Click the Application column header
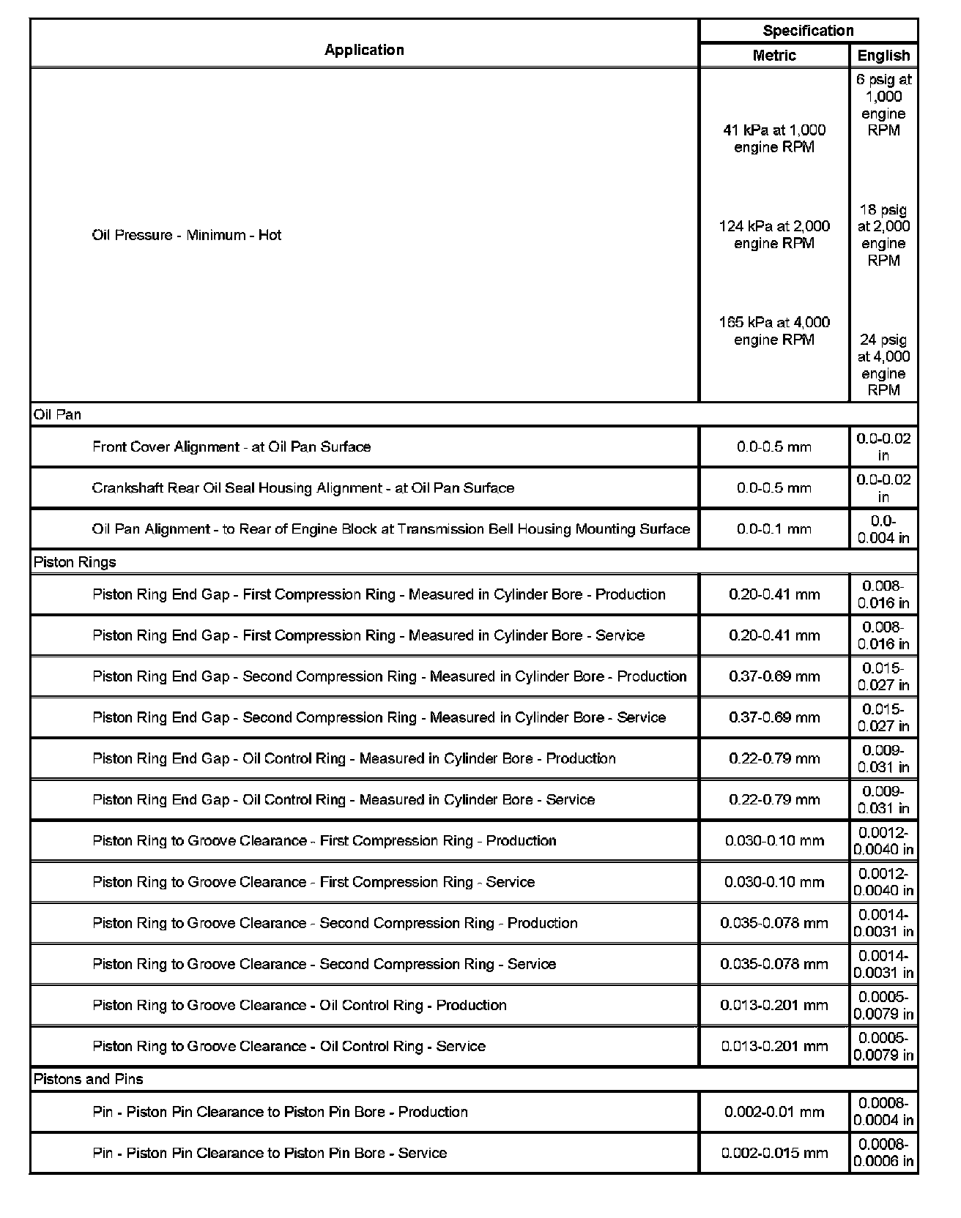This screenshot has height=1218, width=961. pyautogui.click(x=364, y=50)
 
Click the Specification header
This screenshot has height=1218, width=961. pyautogui.click(x=808, y=31)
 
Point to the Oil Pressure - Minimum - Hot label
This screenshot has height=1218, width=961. pyautogui.click(x=187, y=235)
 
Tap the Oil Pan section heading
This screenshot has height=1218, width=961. pyautogui.click(x=57, y=414)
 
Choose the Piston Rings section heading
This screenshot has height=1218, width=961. pyautogui.click(x=75, y=562)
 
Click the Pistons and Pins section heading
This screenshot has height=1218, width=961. pyautogui.click(x=89, y=1079)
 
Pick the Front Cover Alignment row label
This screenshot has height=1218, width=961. pyautogui.click(x=231, y=447)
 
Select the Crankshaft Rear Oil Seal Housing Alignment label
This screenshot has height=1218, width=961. pyautogui.click(x=303, y=487)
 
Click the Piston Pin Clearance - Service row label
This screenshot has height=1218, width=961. pyautogui.click(x=270, y=1153)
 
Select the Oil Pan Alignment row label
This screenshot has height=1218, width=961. pyautogui.click(x=391, y=528)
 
